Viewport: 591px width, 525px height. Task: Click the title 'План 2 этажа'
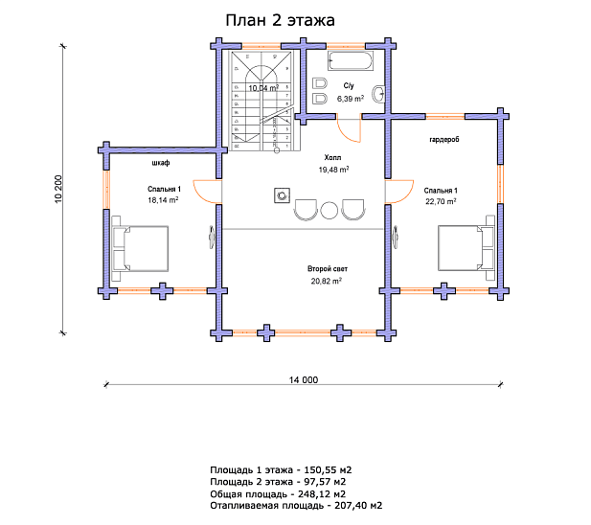pyautogui.click(x=280, y=20)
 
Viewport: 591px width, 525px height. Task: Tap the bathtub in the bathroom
pyautogui.click(x=351, y=60)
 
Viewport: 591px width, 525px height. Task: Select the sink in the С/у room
pyautogui.click(x=378, y=94)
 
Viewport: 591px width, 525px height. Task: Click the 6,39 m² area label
pyautogui.click(x=351, y=99)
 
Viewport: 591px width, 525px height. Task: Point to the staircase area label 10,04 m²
pyautogui.click(x=263, y=88)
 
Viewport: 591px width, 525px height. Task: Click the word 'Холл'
pyautogui.click(x=332, y=157)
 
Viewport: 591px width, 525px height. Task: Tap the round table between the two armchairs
pyautogui.click(x=330, y=211)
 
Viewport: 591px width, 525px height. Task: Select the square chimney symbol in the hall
pyautogui.click(x=282, y=195)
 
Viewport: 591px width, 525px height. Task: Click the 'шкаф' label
pyautogui.click(x=161, y=163)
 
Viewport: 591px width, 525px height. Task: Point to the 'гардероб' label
pyautogui.click(x=444, y=140)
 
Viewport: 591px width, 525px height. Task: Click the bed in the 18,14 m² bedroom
pyautogui.click(x=140, y=248)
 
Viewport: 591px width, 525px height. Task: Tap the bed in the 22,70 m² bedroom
pyautogui.click(x=466, y=248)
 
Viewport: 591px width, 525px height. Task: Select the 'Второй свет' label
pyautogui.click(x=328, y=269)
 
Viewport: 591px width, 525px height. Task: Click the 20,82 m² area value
pyautogui.click(x=327, y=281)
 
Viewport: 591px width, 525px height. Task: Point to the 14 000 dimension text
pyautogui.click(x=304, y=380)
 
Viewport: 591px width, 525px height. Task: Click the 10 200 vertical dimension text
pyautogui.click(x=58, y=190)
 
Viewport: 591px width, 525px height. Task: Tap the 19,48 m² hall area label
pyautogui.click(x=333, y=170)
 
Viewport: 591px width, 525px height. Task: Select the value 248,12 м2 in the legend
pyautogui.click(x=322, y=493)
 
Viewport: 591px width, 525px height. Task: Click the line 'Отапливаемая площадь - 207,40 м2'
pyautogui.click(x=296, y=506)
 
